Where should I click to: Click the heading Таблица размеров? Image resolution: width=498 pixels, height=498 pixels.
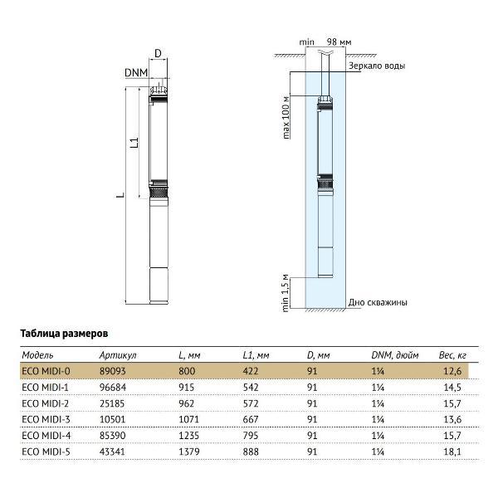click(64, 332)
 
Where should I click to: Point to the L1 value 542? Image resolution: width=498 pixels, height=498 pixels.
click(252, 387)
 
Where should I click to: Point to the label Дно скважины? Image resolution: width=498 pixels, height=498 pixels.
click(378, 303)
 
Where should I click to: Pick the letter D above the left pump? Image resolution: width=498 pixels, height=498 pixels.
click(158, 54)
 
